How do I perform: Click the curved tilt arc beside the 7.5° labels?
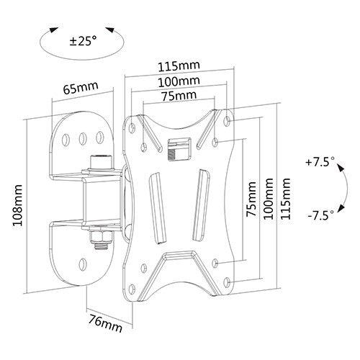(x=342, y=189)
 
